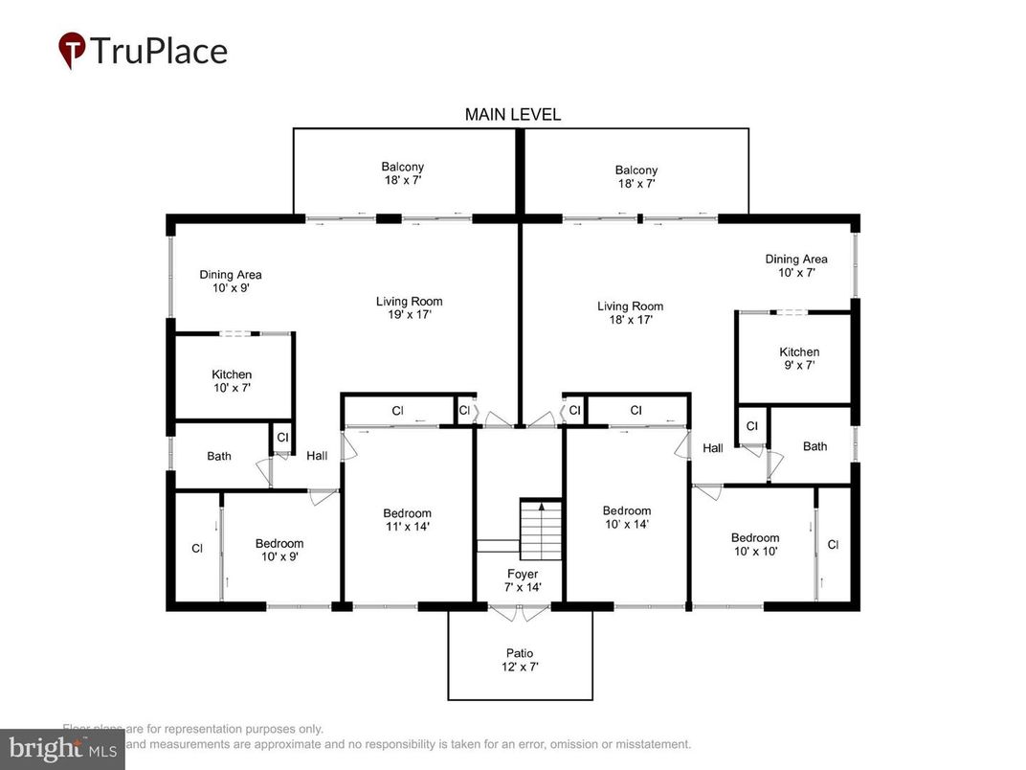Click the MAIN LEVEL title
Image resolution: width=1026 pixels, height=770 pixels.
pos(512,115)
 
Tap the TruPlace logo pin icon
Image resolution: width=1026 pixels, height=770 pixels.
pos(71,50)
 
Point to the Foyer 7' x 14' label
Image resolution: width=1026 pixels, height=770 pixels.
pos(522,580)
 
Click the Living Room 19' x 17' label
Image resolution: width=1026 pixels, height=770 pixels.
pos(409,307)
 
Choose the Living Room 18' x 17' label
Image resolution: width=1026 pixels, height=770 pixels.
pos(630,313)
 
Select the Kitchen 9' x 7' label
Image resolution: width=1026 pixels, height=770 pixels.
pos(798,358)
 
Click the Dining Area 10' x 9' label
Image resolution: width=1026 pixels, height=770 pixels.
pos(230,281)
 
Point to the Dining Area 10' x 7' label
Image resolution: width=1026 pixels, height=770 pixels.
pos(795,265)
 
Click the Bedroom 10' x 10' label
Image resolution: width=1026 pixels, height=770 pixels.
pos(755,544)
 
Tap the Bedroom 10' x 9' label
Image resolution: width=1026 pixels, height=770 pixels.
pos(279,550)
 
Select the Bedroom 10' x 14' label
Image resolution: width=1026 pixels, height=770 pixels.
pos(626,517)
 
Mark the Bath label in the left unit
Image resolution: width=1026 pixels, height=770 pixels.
pos(219,456)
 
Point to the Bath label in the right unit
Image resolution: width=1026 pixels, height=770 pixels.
pos(814,446)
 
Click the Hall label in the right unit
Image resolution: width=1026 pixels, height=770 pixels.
pos(713,448)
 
